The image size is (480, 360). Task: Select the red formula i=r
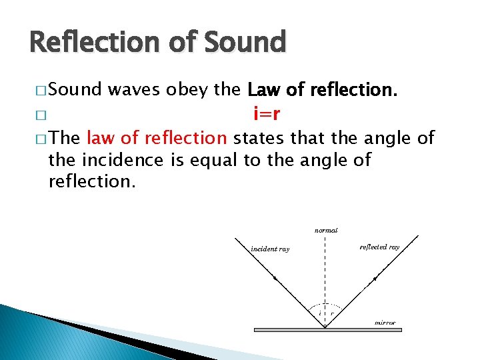(x=267, y=114)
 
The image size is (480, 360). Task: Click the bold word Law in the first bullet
(x=261, y=90)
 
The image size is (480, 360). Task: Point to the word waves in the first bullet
(x=135, y=90)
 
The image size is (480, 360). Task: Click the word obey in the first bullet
(x=189, y=90)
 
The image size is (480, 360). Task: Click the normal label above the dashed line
(x=326, y=230)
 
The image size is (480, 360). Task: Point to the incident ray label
(x=270, y=249)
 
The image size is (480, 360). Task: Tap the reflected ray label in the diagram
(x=379, y=247)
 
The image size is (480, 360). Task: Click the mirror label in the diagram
(x=385, y=323)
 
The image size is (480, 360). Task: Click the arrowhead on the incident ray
(x=275, y=278)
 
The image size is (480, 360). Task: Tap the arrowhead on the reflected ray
(x=375, y=278)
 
